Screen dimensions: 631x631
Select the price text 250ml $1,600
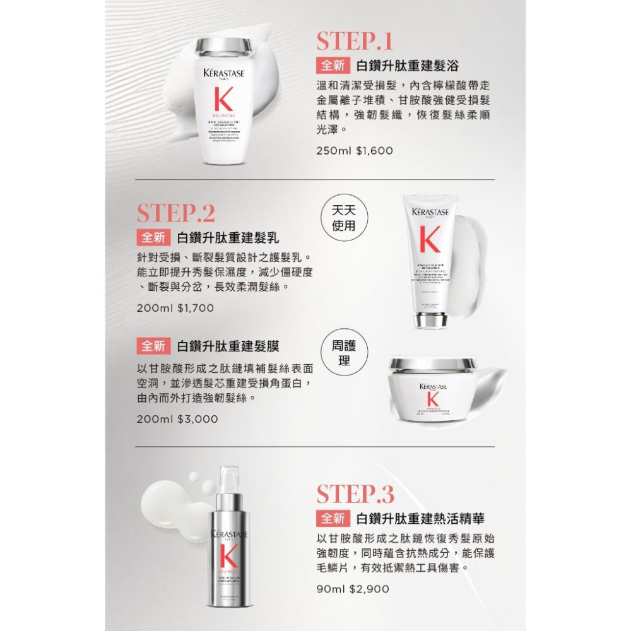point(355,151)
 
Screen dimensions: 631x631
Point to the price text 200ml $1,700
point(175,308)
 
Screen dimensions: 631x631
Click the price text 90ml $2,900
point(353,588)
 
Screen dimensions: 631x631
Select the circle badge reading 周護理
point(345,354)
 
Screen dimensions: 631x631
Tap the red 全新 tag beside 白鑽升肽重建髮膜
point(153,346)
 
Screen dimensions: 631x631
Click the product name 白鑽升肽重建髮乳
point(228,238)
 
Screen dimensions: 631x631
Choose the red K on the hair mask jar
point(432,399)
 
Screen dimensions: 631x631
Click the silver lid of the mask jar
point(432,365)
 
